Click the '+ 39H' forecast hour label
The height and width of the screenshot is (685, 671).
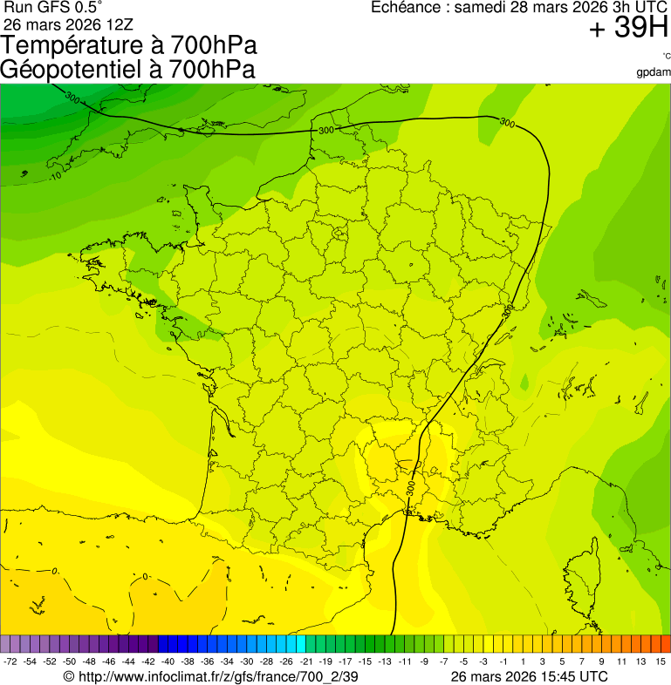(x=628, y=29)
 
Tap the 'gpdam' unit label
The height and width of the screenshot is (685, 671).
(x=654, y=71)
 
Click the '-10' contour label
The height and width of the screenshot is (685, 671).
(x=55, y=177)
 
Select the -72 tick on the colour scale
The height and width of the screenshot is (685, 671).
(x=10, y=662)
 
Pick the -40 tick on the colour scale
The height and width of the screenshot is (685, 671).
(x=168, y=662)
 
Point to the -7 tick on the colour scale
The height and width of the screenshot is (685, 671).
(x=443, y=662)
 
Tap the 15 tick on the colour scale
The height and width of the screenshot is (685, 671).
(x=661, y=662)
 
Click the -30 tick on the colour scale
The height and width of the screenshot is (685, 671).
(x=247, y=662)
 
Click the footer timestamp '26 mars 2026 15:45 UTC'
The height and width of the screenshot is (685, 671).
(x=529, y=676)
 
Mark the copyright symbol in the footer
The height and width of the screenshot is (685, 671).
(x=69, y=676)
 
